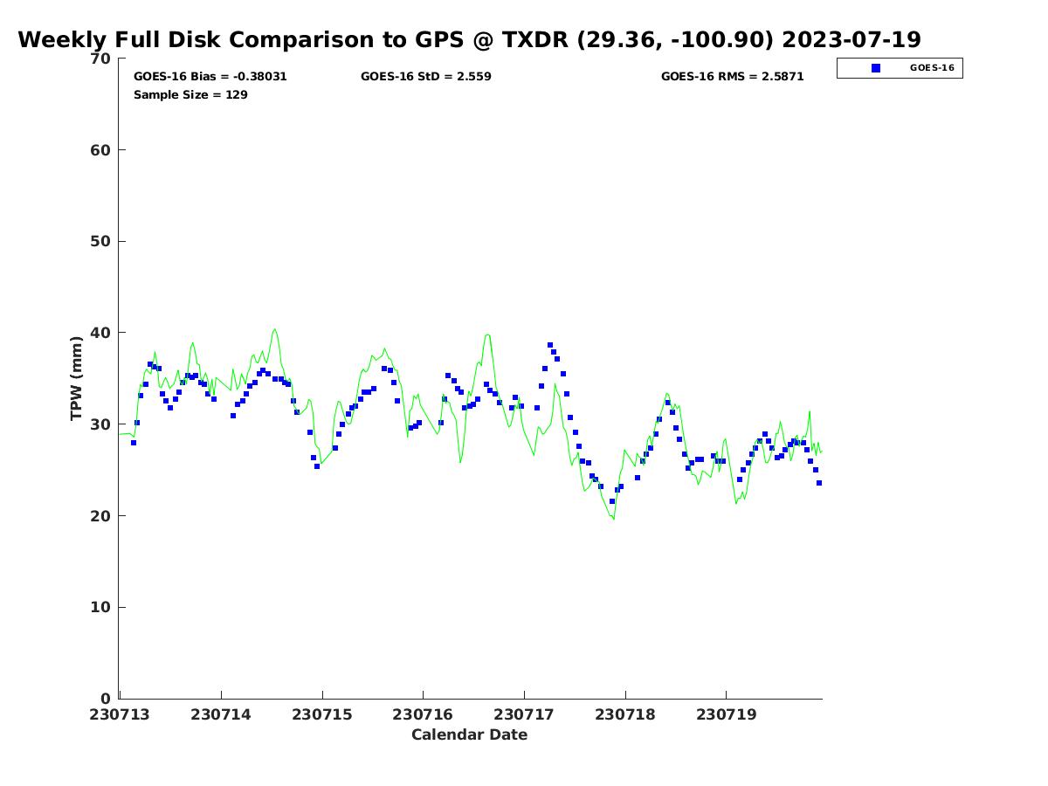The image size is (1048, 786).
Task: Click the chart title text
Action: [x=469, y=40]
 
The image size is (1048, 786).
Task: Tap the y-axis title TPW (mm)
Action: [x=77, y=377]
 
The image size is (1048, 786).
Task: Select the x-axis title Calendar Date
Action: [x=469, y=735]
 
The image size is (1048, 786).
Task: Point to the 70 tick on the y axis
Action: [x=100, y=59]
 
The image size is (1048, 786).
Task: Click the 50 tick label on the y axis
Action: [x=100, y=242]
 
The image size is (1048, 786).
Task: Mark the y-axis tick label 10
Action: [x=100, y=608]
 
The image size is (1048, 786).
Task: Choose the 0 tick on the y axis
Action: [x=105, y=699]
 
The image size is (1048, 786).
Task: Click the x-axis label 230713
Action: [x=121, y=714]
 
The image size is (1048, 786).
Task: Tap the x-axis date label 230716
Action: [x=423, y=714]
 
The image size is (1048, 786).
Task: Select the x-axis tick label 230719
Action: [x=726, y=714]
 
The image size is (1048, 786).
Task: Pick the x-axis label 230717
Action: [x=524, y=714]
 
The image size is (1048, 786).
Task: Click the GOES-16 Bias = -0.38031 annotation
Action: [x=210, y=77]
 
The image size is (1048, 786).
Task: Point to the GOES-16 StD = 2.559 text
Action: [x=425, y=77]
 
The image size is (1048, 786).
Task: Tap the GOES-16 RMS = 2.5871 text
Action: [x=732, y=77]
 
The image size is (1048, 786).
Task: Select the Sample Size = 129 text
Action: [x=190, y=95]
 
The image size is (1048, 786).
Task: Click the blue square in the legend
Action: [x=876, y=68]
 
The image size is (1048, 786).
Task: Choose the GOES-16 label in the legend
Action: [x=932, y=68]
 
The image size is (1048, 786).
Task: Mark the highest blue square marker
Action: [x=550, y=345]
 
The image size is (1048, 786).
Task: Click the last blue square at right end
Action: [x=819, y=483]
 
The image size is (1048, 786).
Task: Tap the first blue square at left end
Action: [x=134, y=443]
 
